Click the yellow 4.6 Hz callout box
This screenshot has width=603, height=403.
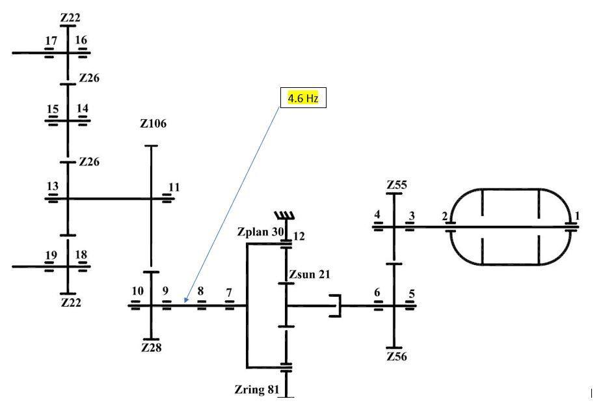pyautogui.click(x=303, y=98)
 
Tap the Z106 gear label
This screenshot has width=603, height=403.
pyautogui.click(x=153, y=124)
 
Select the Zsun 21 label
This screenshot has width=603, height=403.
pyautogui.click(x=310, y=275)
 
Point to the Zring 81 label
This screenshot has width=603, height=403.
pyautogui.click(x=257, y=389)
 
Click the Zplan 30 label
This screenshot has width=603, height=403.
pyautogui.click(x=260, y=232)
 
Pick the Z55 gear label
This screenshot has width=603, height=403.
pyautogui.click(x=397, y=185)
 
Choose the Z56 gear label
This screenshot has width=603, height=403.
pyautogui.click(x=397, y=356)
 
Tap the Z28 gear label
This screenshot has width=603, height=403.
pyautogui.click(x=151, y=348)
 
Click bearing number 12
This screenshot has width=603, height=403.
pyautogui.click(x=299, y=236)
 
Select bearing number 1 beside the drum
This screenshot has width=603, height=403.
pyautogui.click(x=577, y=216)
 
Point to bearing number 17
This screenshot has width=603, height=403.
pyautogui.click(x=51, y=41)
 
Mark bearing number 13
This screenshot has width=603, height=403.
pyautogui.click(x=53, y=186)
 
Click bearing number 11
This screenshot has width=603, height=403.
pyautogui.click(x=174, y=187)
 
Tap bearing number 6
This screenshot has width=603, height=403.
pyautogui.click(x=377, y=292)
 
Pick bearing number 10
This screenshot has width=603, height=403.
pyautogui.click(x=138, y=291)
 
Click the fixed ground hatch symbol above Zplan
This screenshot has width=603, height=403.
pyautogui.click(x=284, y=215)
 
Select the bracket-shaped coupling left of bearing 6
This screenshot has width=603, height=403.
pyautogui.click(x=336, y=306)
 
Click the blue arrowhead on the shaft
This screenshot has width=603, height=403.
pyautogui.click(x=186, y=300)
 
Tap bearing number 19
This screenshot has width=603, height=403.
pyautogui.click(x=51, y=255)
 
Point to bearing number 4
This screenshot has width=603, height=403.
pyautogui.click(x=377, y=214)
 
